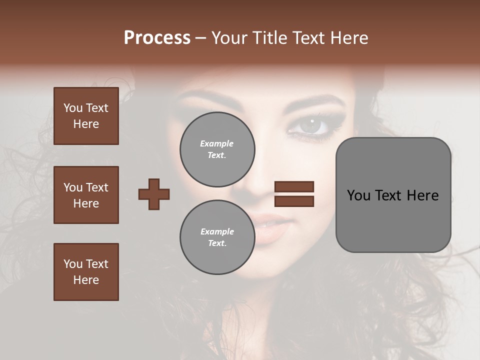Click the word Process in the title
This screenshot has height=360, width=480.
pyautogui.click(x=157, y=38)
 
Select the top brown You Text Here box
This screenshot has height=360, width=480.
pyautogui.click(x=86, y=116)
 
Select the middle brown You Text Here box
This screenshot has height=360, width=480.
pyautogui.click(x=86, y=195)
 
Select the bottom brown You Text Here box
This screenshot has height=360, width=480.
pyautogui.click(x=86, y=272)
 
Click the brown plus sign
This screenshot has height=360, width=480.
pyautogui.click(x=154, y=194)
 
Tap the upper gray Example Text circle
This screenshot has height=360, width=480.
pyautogui.click(x=217, y=149)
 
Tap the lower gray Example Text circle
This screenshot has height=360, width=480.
pyautogui.click(x=217, y=237)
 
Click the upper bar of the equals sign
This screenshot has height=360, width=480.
pyautogui.click(x=294, y=187)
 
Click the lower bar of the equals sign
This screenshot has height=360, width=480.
pyautogui.click(x=294, y=201)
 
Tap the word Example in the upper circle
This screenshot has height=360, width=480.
pyautogui.click(x=217, y=143)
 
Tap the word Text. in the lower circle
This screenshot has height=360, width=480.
pyautogui.click(x=217, y=243)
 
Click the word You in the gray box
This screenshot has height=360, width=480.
pyautogui.click(x=358, y=195)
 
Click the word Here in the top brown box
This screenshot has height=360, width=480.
pyautogui.click(x=86, y=124)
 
